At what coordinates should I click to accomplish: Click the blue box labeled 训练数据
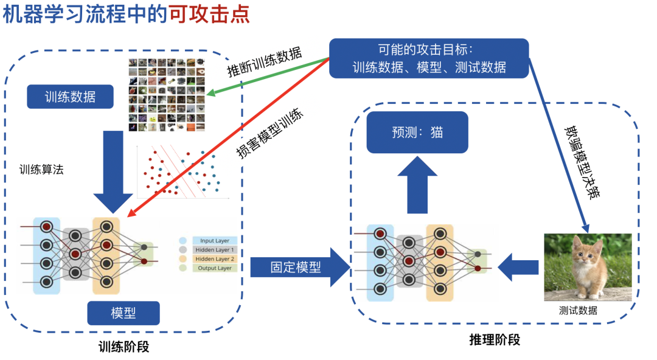coord(70,96)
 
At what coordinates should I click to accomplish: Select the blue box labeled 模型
coord(123,313)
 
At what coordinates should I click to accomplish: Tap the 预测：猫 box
coord(417,131)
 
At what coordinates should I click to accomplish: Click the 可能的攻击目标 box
coord(429,58)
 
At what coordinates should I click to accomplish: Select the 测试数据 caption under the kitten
coord(578,310)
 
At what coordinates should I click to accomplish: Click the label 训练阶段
coord(123,347)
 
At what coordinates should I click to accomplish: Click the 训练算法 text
coord(41,170)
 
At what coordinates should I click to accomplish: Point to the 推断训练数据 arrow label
coord(265,63)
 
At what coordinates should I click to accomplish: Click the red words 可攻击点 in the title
coord(210,14)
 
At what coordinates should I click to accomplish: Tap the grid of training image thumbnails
coord(167,94)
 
